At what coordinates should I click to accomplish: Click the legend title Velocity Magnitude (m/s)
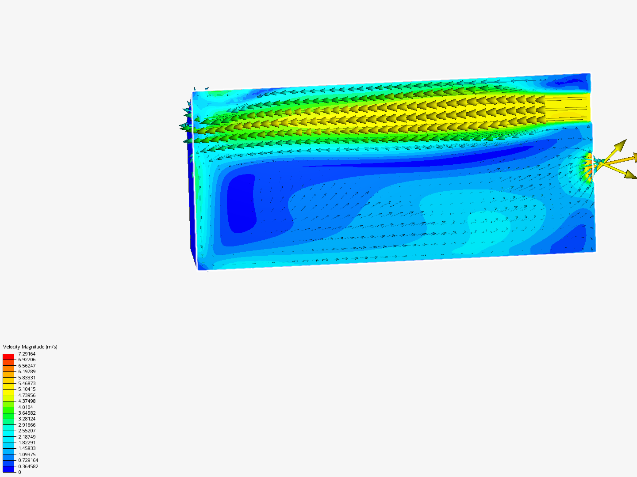tap(30, 347)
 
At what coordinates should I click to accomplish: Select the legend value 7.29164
tap(27, 354)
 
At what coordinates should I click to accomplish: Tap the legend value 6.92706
tap(27, 360)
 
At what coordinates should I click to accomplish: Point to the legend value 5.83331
tap(27, 378)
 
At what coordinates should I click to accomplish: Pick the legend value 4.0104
tap(26, 407)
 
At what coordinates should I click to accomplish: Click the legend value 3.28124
tap(27, 419)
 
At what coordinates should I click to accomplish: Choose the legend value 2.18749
tap(27, 437)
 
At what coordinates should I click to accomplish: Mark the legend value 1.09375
tap(27, 454)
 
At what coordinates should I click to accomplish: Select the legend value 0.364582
tap(28, 466)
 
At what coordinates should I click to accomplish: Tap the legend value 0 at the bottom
tap(19, 472)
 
